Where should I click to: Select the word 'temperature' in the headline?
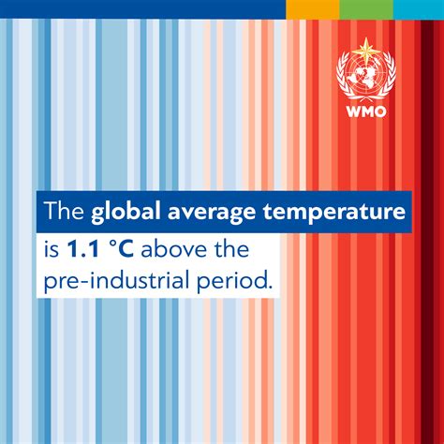point(334,213)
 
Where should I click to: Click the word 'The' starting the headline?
point(64,211)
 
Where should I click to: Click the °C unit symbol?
point(122,249)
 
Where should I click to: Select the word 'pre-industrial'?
point(117,279)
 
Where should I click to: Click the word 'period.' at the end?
point(233,280)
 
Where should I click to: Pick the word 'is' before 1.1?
point(52,249)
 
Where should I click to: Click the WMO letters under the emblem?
point(366,111)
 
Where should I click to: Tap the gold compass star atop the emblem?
point(366,50)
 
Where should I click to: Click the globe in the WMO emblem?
point(366,75)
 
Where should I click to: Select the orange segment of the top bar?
point(313,9)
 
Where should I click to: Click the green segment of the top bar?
point(366,9)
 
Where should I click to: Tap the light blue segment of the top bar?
point(419,9)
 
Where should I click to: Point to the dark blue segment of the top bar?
point(142,9)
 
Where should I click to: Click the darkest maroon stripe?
point(427,231)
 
